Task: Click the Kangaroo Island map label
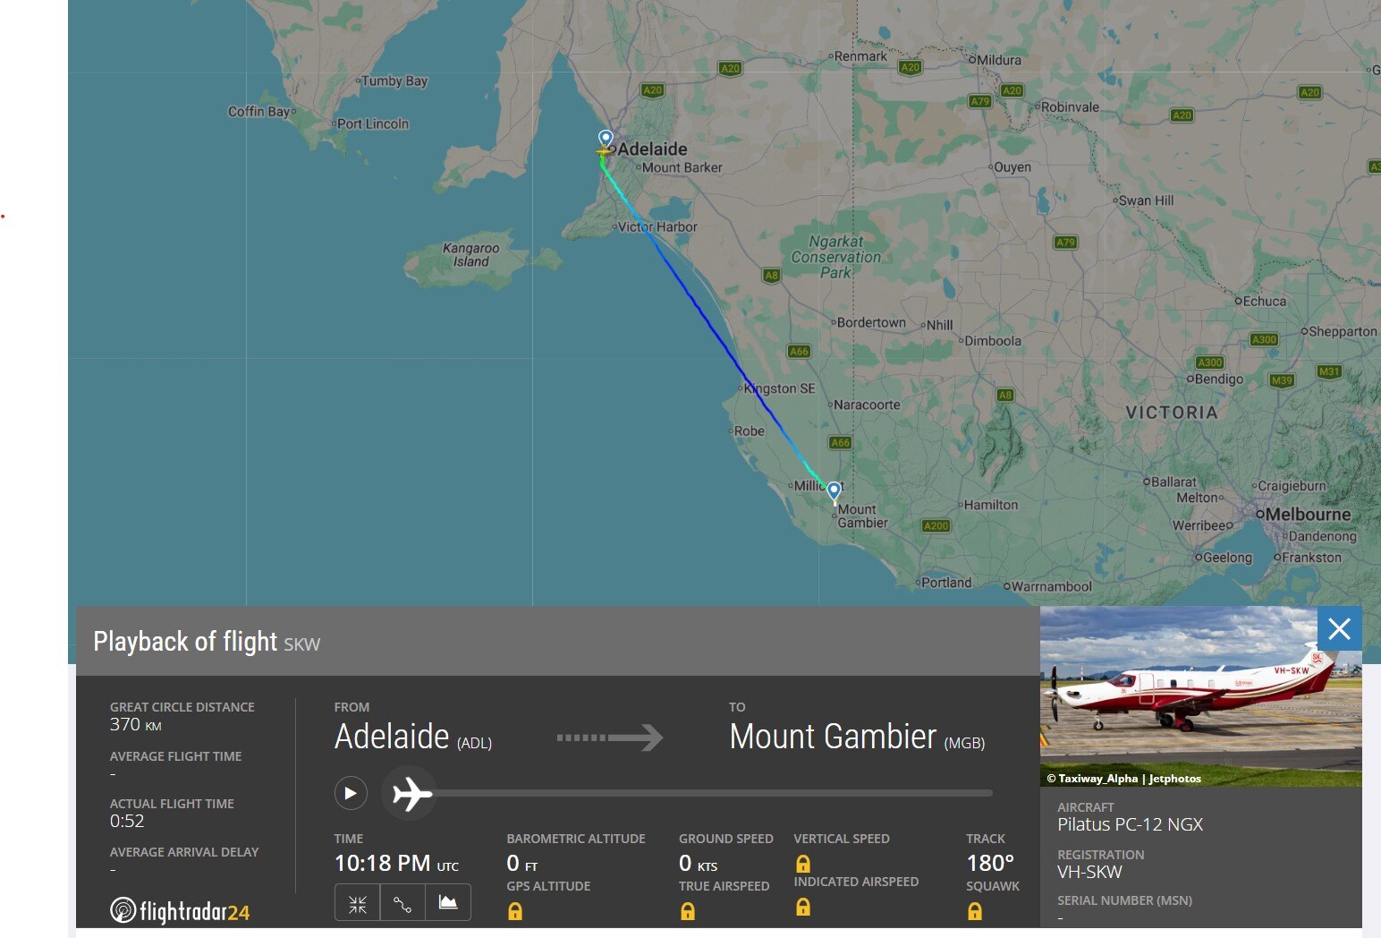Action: click(x=470, y=255)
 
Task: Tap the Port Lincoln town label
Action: click(x=372, y=124)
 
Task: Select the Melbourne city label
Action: click(x=1308, y=515)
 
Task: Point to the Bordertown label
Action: click(x=871, y=322)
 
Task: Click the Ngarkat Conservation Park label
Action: click(x=835, y=257)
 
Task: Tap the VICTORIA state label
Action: click(x=1172, y=413)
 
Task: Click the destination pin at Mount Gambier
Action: click(x=834, y=490)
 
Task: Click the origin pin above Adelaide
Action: click(x=606, y=139)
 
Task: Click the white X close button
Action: click(x=1339, y=629)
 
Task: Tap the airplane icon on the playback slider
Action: click(x=411, y=794)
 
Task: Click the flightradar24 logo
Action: click(x=180, y=911)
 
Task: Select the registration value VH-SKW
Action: click(x=1089, y=872)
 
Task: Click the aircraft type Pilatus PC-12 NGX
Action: click(x=1130, y=824)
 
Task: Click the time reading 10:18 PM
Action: click(x=382, y=863)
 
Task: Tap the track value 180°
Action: click(x=989, y=863)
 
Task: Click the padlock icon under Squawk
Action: click(x=975, y=911)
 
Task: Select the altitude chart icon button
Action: click(x=448, y=902)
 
